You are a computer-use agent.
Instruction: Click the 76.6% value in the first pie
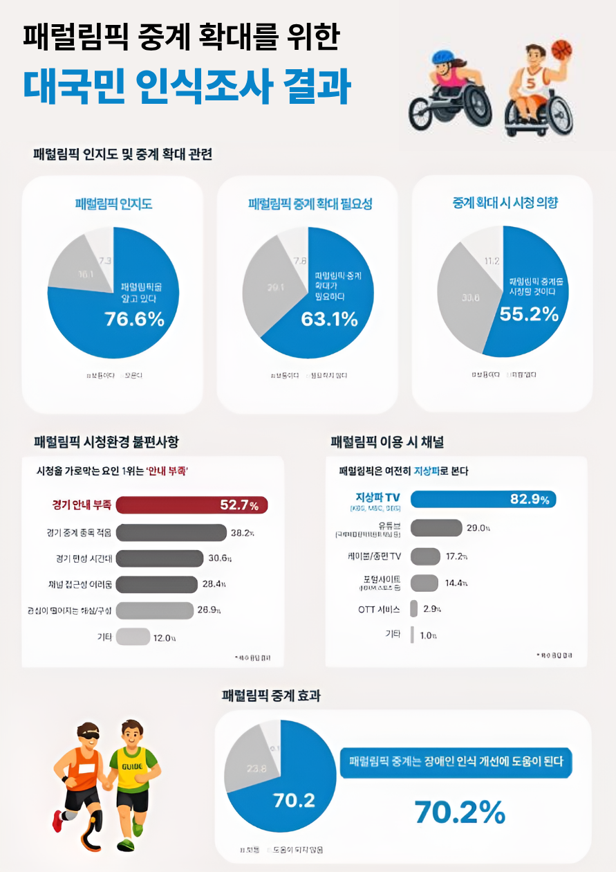coord(134,319)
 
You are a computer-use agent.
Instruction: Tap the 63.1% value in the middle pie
coord(329,319)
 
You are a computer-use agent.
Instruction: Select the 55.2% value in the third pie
coord(529,314)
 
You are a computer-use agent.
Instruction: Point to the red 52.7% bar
coord(191,506)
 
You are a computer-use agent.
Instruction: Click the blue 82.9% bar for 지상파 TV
coord(483,499)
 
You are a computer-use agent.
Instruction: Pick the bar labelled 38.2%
coord(171,532)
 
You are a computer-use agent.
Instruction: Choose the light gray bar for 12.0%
coord(133,637)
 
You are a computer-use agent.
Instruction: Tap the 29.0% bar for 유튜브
coord(436,527)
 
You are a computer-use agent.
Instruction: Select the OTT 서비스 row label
coord(379,609)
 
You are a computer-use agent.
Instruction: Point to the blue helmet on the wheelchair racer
coord(442,59)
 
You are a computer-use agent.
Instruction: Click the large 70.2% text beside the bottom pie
coord(460,812)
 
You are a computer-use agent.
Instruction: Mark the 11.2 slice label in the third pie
coord(492,261)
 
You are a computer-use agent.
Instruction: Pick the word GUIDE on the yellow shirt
coord(132,766)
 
